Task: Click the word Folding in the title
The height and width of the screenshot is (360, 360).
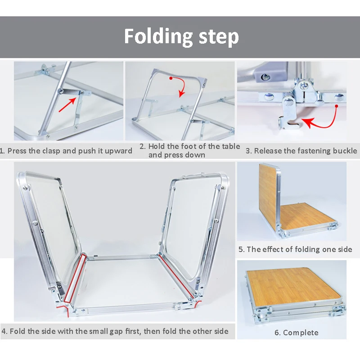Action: (158, 37)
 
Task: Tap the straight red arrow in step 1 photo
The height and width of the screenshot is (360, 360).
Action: (68, 104)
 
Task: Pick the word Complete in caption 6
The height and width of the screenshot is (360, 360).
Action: (301, 333)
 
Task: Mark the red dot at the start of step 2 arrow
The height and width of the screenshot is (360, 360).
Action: (171, 78)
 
